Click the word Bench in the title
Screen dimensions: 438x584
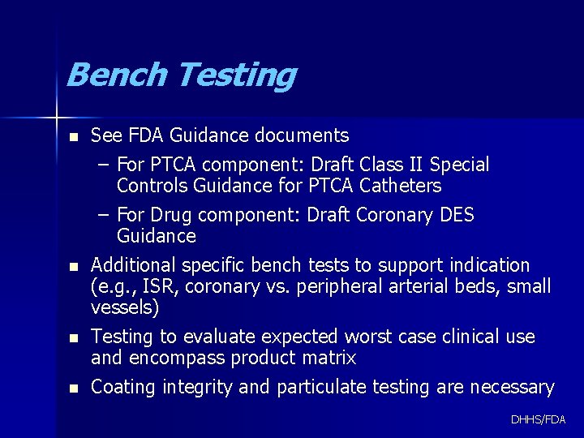pyautogui.click(x=117, y=75)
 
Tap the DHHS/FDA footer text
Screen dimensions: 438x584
pyautogui.click(x=539, y=419)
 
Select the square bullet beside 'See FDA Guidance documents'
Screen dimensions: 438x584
pyautogui.click(x=74, y=136)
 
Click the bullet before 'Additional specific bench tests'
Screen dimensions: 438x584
pyautogui.click(x=74, y=266)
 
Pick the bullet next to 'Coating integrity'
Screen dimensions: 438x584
pyautogui.click(x=74, y=389)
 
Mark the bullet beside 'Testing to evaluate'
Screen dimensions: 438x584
pyautogui.click(x=74, y=337)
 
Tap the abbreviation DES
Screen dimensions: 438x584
pyautogui.click(x=456, y=216)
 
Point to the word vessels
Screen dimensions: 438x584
pyautogui.click(x=122, y=307)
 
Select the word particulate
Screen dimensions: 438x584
pyautogui.click(x=321, y=388)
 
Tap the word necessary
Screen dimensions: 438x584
pyautogui.click(x=511, y=388)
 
